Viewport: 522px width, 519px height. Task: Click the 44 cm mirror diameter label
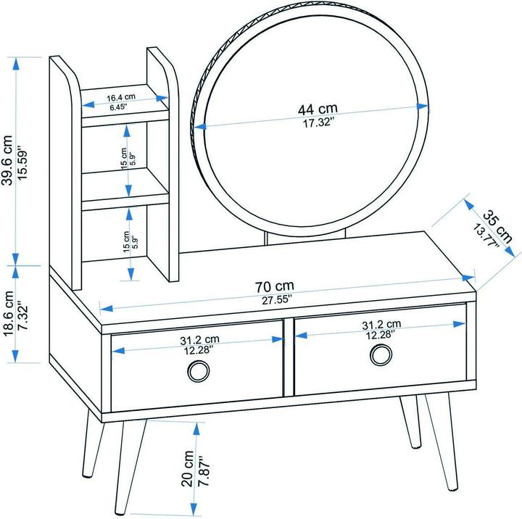click(x=318, y=109)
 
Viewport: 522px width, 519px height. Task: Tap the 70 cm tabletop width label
click(x=275, y=286)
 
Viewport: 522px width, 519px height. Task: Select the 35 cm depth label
click(x=497, y=226)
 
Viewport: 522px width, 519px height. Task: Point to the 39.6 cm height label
click(x=7, y=159)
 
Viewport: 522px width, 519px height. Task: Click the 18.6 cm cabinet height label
click(x=8, y=314)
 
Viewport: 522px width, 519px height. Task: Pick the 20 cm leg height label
click(x=188, y=468)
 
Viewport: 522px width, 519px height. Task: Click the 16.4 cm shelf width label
click(x=121, y=98)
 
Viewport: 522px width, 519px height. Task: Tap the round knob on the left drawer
click(x=199, y=371)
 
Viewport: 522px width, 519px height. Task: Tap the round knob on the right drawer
click(x=381, y=355)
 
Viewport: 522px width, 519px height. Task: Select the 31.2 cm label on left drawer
click(x=200, y=339)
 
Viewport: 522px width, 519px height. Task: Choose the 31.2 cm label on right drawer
click(x=381, y=324)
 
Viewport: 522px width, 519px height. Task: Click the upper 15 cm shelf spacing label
click(x=124, y=159)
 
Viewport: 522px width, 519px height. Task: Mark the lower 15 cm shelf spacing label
click(x=126, y=241)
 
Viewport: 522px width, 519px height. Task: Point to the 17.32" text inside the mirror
click(x=318, y=123)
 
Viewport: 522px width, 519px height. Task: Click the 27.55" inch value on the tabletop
click(x=277, y=299)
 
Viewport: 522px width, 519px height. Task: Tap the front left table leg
click(x=130, y=467)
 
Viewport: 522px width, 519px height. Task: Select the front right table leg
click(x=442, y=442)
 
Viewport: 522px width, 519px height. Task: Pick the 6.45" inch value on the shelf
click(x=118, y=107)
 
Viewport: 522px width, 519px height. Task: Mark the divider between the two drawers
click(x=289, y=357)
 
